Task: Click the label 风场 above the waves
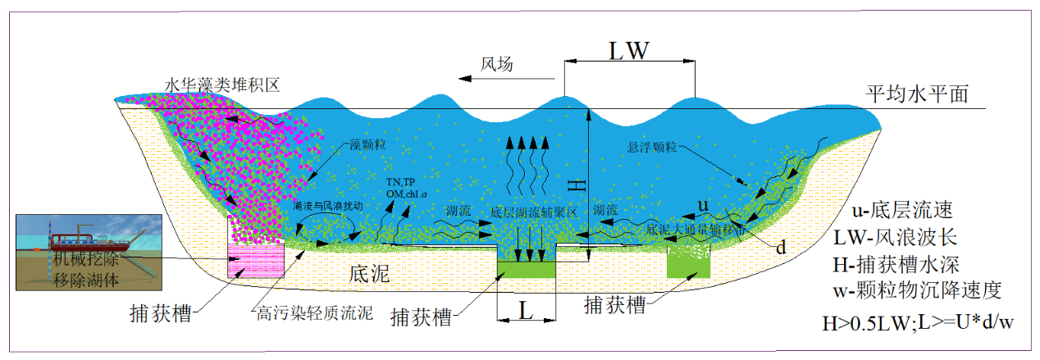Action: point(496,65)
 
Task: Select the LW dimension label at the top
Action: point(629,50)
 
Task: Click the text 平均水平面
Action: point(918,93)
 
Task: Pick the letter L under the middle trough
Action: point(527,310)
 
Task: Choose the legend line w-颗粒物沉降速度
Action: point(927,291)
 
